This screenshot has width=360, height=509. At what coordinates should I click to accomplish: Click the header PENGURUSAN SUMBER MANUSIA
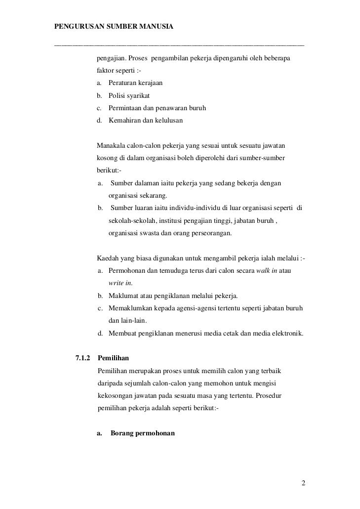click(x=114, y=25)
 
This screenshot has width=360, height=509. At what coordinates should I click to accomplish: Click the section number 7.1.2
click(x=83, y=357)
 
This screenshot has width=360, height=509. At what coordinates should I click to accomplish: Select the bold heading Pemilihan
click(x=114, y=357)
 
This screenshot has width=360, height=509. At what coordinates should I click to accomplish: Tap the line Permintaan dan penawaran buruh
click(x=157, y=108)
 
